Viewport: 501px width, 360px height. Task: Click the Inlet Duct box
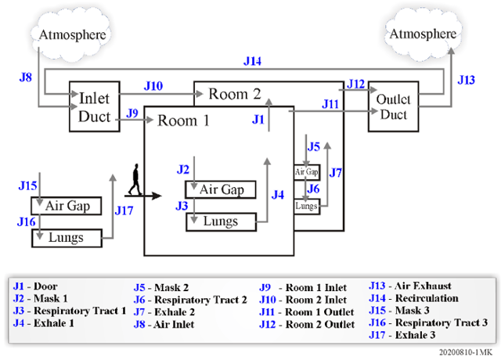(x=95, y=106)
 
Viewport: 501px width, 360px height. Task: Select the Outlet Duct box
(x=393, y=106)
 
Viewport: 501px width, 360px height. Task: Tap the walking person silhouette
(x=135, y=179)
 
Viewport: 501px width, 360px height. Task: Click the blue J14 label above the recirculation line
(x=252, y=61)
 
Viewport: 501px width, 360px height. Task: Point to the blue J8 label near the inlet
(x=26, y=77)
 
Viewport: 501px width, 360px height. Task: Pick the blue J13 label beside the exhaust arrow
(x=467, y=80)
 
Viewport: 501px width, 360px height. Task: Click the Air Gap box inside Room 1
(x=221, y=189)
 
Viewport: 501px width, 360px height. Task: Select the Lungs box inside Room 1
(x=221, y=221)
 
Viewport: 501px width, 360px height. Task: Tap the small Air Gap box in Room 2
(x=307, y=172)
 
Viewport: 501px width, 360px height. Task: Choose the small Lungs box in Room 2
(x=307, y=206)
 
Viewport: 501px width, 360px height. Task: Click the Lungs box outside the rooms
(x=67, y=238)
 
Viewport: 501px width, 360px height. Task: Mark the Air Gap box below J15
(x=67, y=206)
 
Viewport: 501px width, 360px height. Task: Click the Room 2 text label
(x=235, y=94)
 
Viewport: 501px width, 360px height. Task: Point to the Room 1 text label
(x=183, y=121)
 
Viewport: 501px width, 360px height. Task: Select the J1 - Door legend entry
(x=35, y=286)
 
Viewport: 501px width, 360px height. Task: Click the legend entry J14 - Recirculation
(x=414, y=298)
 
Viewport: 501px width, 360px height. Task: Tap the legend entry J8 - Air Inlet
(x=164, y=325)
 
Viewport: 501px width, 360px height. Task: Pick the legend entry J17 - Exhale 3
(x=402, y=335)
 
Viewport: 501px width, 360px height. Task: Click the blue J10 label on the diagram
(x=153, y=86)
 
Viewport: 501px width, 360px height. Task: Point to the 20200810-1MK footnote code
(x=466, y=352)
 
